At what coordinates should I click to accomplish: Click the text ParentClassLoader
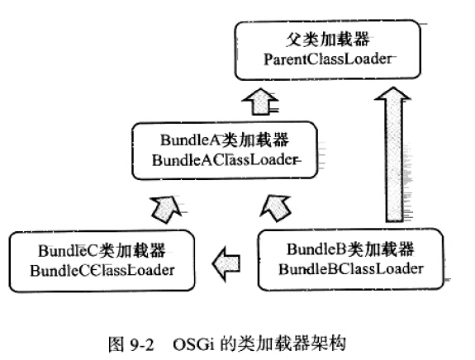[328, 59]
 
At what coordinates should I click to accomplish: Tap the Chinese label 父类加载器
[328, 40]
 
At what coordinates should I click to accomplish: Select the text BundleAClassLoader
[225, 160]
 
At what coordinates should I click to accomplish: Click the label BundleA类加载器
[225, 140]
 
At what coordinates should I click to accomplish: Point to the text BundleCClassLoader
[102, 270]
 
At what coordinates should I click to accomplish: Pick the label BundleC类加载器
[102, 251]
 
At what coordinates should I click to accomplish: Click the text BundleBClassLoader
[351, 269]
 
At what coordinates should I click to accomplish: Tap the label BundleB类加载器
[350, 249]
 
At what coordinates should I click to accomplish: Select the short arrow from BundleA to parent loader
[260, 102]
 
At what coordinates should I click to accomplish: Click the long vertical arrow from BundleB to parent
[393, 154]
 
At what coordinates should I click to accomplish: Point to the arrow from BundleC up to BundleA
[166, 209]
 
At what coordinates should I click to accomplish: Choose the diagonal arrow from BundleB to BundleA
[276, 209]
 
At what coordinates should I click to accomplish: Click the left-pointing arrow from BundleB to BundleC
[226, 263]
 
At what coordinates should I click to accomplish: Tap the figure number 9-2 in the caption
[142, 344]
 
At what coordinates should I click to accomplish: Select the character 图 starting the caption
[116, 344]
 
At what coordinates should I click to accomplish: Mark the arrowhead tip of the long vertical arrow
[393, 88]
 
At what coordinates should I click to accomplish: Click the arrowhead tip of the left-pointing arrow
[212, 263]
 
